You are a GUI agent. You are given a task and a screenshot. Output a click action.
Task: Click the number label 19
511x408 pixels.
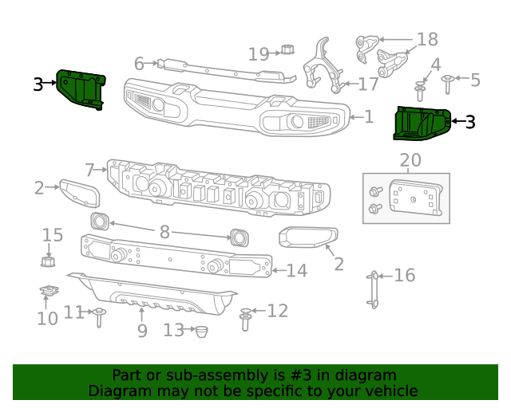pos(259,54)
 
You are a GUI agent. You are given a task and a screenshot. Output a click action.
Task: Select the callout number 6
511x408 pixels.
pos(139,63)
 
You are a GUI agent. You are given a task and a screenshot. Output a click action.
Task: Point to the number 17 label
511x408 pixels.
pos(368,84)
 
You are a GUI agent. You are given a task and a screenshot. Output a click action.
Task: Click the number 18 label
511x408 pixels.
pos(427,40)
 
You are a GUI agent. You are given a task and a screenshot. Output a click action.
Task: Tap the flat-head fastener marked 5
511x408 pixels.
pos(447,79)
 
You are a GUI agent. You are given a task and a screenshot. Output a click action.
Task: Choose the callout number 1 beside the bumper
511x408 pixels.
pos(368,117)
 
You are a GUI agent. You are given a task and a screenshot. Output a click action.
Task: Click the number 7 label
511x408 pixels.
pos(90,169)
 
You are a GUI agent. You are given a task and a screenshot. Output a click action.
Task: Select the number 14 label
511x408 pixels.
pos(296,271)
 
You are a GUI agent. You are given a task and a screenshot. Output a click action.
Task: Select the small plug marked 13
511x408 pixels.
pos(201,331)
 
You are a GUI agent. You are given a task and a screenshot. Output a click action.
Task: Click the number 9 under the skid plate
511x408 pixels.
pos(142,330)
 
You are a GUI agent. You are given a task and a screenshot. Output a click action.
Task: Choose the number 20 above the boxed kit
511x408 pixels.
pos(410,161)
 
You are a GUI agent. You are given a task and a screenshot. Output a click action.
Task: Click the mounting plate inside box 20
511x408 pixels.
pos(415,198)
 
